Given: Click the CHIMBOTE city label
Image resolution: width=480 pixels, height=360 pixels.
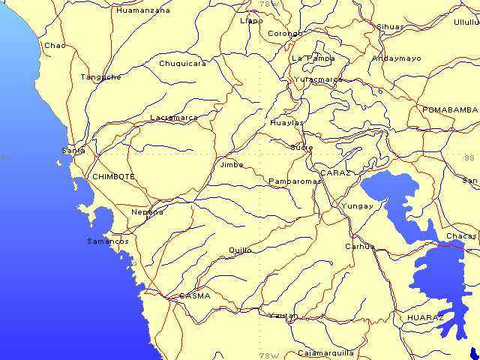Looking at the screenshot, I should [113, 176].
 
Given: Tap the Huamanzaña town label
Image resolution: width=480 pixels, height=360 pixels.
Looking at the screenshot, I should [143, 10].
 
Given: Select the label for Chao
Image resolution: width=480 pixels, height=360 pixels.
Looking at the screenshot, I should [55, 46].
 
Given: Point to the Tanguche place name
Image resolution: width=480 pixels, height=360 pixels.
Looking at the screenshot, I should [101, 77].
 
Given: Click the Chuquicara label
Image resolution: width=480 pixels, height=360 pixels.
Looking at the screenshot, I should [182, 64].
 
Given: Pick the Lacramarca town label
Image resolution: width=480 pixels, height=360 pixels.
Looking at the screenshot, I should [174, 118].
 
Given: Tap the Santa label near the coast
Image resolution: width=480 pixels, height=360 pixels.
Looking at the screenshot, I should [73, 151].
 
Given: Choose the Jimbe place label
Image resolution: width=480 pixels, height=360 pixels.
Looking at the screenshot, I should [232, 165].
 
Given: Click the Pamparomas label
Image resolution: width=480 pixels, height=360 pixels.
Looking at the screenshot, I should [295, 181].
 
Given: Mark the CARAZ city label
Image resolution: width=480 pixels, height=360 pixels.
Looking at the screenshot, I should [335, 173].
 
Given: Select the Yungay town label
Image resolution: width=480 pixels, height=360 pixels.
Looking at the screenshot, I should [357, 205].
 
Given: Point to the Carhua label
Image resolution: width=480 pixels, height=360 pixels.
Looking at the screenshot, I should [359, 246].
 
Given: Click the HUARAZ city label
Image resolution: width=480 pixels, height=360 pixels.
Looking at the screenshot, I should [425, 318].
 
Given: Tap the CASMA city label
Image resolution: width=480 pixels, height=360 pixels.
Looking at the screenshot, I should [194, 295].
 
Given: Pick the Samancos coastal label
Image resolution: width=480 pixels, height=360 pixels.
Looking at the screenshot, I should [108, 241].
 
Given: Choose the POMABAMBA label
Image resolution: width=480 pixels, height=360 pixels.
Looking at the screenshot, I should [450, 109].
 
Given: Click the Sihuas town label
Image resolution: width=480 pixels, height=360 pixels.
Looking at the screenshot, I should [390, 27].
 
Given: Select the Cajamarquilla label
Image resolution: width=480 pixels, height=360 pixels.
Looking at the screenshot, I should [325, 352].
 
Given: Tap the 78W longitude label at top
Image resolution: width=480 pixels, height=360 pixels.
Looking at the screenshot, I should [268, 4].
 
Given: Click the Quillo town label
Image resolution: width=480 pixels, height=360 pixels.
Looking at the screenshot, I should [240, 250].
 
